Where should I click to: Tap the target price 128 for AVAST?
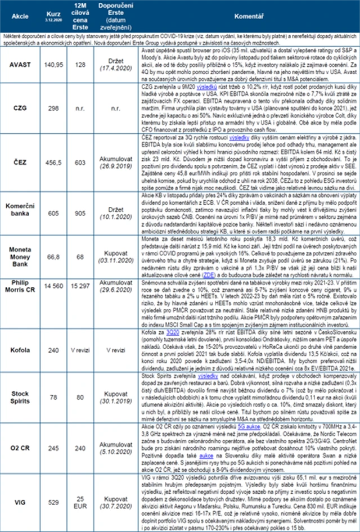pos(80,65)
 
